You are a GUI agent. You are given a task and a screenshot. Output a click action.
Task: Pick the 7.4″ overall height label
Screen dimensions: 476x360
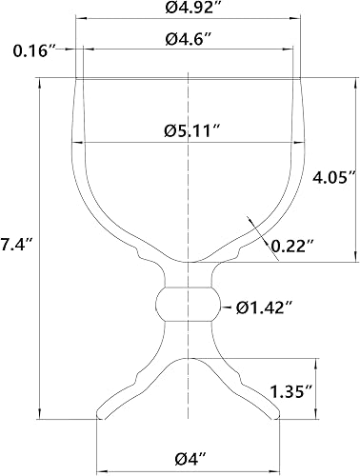coord(17,245)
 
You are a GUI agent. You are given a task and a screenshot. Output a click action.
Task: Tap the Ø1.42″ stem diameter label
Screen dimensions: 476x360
coord(264,307)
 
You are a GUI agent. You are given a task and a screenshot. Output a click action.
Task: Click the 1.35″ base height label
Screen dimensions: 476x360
coord(290,389)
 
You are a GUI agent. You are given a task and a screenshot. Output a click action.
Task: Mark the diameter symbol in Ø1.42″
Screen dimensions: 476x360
coord(241,307)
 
